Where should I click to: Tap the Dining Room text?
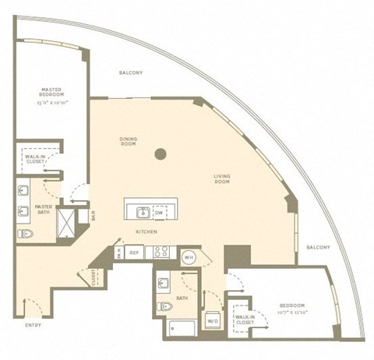129,141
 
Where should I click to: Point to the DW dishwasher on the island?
159,212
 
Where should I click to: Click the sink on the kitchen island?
143,212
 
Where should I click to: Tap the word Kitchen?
147,232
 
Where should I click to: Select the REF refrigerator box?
133,252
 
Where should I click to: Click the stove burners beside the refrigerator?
161,252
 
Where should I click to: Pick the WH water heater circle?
188,256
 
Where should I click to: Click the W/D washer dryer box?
212,319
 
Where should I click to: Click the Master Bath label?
43,210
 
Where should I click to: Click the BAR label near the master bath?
93,217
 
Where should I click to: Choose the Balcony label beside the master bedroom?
131,73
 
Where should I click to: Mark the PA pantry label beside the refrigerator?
119,252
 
